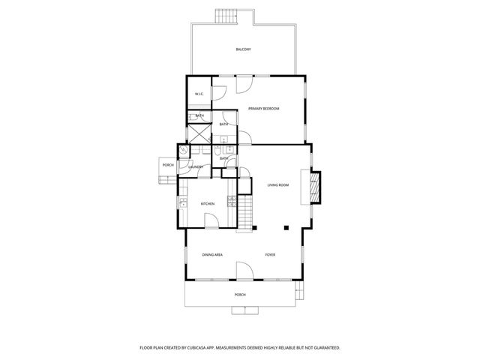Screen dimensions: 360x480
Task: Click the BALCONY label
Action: coord(243,49)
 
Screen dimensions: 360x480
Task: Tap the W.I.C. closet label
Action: coord(199,94)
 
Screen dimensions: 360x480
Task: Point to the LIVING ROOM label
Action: coord(278,184)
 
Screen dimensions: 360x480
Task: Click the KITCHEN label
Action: coord(208,204)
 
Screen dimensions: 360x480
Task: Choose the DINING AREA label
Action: coord(212,255)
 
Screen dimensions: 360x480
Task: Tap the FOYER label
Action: coord(270,255)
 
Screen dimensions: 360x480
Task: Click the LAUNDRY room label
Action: coord(196,166)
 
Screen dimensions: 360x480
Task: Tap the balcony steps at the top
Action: coord(225,16)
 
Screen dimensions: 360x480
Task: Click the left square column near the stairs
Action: coord(255,228)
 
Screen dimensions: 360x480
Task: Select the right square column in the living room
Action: coord(286,227)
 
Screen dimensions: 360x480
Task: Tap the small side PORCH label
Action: coord(168,165)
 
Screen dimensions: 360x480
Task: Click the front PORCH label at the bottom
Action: coord(240,295)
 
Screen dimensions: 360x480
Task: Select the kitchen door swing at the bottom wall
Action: coord(212,221)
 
